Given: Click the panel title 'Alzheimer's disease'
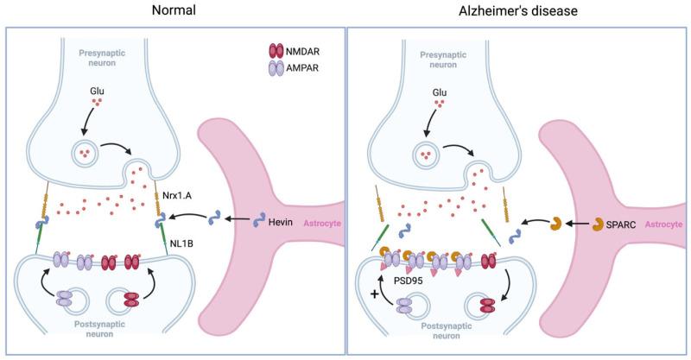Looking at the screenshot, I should (x=517, y=13).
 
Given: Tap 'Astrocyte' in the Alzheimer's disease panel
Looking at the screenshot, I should (x=662, y=223).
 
